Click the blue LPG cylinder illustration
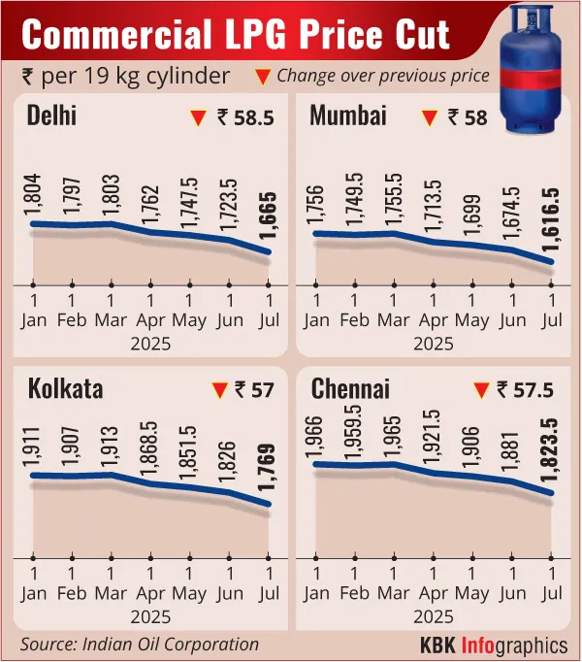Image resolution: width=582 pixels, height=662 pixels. coord(534,68)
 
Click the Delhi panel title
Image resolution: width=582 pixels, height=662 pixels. coord(52,117)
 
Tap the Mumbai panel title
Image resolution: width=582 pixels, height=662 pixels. coord(348,116)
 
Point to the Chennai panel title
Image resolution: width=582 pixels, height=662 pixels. coord(351,390)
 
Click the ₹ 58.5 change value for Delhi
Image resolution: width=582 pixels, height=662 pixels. coord(246,118)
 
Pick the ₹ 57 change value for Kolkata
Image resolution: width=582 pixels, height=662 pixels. coord(254,391)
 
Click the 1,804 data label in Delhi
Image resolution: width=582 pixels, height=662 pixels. coord(34,194)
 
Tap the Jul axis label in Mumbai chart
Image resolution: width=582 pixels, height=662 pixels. coord(551,320)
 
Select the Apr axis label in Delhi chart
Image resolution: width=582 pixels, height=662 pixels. coord(149,320)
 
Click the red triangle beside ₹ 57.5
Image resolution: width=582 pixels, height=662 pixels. coord(479,391)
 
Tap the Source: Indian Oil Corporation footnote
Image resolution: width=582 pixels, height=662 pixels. coord(140,645)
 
